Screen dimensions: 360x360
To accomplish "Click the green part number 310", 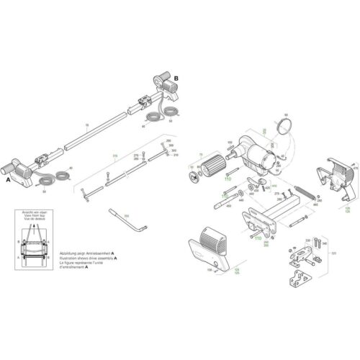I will point(113,155).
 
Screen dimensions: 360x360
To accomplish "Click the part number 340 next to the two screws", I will point(323,243).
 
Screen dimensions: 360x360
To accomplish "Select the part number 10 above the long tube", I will point(87,125).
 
